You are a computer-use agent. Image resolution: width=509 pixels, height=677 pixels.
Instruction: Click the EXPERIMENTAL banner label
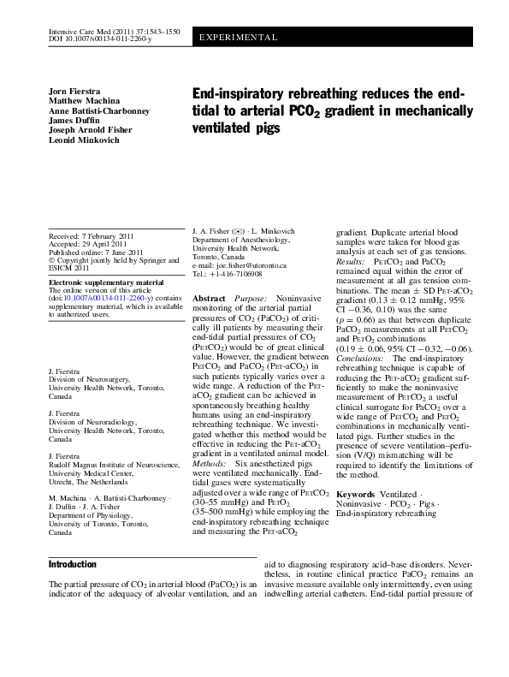(239, 39)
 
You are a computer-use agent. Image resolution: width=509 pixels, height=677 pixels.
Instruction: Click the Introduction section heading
(73, 565)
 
